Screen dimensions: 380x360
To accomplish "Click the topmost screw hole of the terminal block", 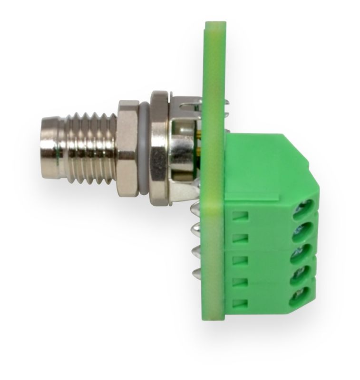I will pyautogui.click(x=302, y=208).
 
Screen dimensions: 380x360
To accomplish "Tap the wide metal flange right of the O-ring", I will pyautogui.click(x=159, y=144).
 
